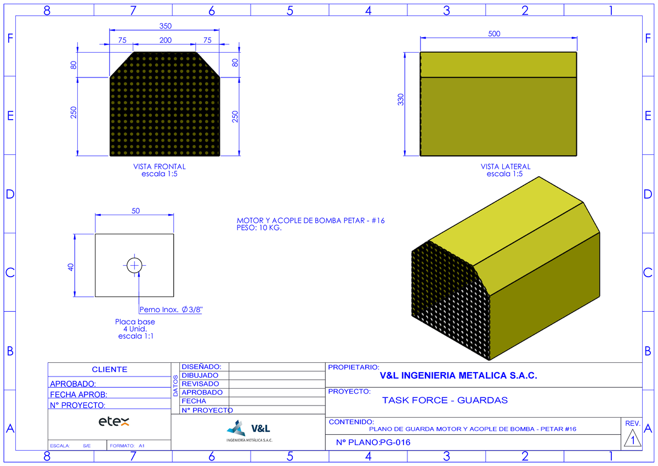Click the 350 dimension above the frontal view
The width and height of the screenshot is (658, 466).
point(166,26)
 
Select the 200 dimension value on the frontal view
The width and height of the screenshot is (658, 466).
point(166,40)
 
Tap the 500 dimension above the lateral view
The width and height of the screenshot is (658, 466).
point(494,34)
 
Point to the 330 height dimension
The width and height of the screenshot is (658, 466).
point(401,99)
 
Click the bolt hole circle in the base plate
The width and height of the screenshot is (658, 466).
point(134,258)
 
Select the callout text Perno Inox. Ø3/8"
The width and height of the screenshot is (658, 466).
point(171,310)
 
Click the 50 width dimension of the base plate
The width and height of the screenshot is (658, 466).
point(136,211)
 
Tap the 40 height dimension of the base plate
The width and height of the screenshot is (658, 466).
point(71,267)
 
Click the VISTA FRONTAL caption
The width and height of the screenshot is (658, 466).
point(160,167)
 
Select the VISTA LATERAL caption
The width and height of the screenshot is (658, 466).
point(506,167)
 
